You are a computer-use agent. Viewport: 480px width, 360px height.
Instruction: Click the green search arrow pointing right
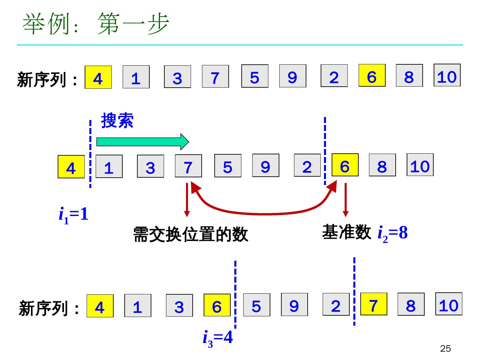point(142,142)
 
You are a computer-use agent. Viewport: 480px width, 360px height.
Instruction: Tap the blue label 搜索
point(117,120)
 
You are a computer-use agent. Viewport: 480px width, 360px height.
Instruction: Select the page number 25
point(445,349)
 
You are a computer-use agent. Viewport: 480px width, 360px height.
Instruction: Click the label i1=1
point(74,214)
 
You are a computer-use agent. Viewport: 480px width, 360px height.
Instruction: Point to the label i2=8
point(392,233)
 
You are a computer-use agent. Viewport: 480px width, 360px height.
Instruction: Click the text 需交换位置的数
point(190,234)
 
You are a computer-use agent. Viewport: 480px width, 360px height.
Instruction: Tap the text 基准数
point(346,232)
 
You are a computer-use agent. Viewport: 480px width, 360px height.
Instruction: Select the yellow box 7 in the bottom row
point(374,304)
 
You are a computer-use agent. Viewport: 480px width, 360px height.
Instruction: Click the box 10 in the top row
point(447,75)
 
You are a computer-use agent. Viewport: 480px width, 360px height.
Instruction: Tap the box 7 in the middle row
point(188,166)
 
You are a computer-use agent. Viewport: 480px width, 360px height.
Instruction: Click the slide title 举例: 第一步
point(96,24)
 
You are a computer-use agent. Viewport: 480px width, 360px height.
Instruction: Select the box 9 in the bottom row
point(294,304)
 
